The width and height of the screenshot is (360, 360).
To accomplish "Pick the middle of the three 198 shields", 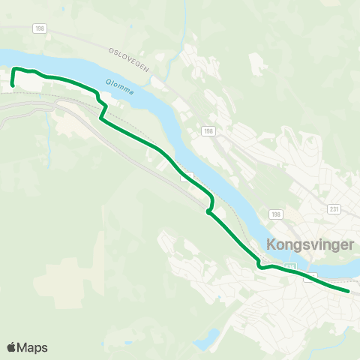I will point(207,131).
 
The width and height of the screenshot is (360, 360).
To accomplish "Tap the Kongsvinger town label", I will point(310,245).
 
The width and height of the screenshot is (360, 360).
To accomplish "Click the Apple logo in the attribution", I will point(12,347).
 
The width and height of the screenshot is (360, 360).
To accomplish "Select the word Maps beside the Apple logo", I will point(33,348).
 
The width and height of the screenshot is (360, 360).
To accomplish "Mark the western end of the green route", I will point(13,85).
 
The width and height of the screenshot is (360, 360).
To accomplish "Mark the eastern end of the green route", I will point(349,291).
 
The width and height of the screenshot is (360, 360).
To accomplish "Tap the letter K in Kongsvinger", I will point(271,245).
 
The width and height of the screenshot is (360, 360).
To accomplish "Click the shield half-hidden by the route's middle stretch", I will point(188,176).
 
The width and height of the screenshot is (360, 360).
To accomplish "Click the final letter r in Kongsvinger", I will point(351,245).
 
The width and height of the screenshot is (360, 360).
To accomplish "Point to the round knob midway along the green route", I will point(208,212).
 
